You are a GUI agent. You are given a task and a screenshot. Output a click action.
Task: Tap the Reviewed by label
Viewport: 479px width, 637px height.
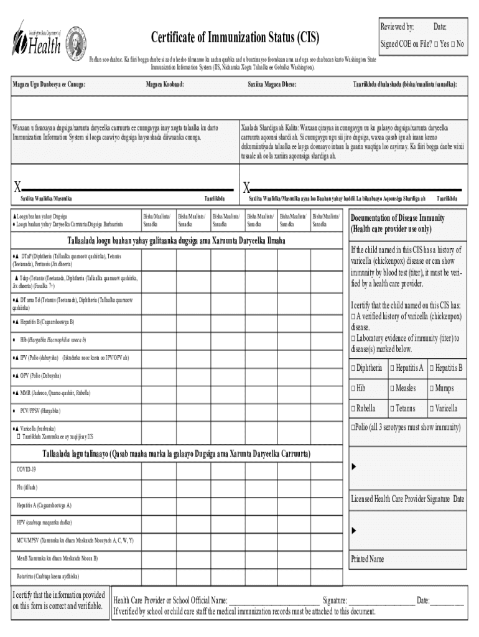click(397, 27)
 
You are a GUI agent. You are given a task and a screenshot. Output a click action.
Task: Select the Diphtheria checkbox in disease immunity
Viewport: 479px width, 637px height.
click(353, 368)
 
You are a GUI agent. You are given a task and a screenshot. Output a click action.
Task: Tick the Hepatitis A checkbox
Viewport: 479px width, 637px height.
click(393, 368)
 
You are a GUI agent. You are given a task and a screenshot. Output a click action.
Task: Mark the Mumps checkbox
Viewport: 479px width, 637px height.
click(432, 388)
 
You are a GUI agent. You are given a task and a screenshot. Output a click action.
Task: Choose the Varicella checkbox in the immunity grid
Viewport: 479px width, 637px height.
click(432, 409)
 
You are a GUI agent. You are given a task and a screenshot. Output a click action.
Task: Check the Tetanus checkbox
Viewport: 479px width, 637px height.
click(393, 409)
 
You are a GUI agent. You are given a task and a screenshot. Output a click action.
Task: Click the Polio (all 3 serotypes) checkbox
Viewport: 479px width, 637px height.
click(353, 427)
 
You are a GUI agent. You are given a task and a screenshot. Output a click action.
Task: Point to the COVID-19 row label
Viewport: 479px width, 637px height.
click(26, 468)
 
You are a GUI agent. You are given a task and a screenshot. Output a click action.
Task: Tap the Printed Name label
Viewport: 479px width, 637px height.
click(368, 559)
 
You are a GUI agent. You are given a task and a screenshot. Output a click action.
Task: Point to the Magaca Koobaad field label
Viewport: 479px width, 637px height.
click(165, 84)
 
